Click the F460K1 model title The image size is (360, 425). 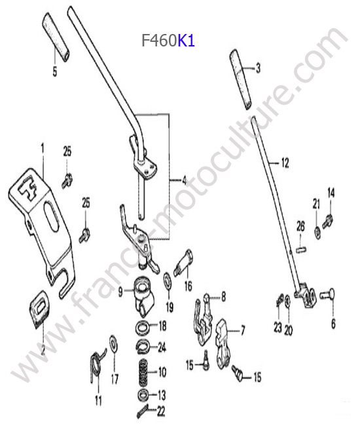[168, 41]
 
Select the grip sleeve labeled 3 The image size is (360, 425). [241, 79]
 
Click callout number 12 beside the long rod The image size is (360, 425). [285, 163]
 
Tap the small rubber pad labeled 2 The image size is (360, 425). [39, 309]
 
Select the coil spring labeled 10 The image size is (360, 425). [143, 373]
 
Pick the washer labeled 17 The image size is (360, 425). [113, 344]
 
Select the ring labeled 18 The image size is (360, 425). [142, 327]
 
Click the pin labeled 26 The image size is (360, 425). [301, 248]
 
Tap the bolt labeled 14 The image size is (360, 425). [327, 222]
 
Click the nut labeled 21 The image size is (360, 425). [317, 232]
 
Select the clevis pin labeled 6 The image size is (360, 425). [327, 294]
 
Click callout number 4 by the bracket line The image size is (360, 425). [185, 180]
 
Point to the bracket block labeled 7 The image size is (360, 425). [223, 343]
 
